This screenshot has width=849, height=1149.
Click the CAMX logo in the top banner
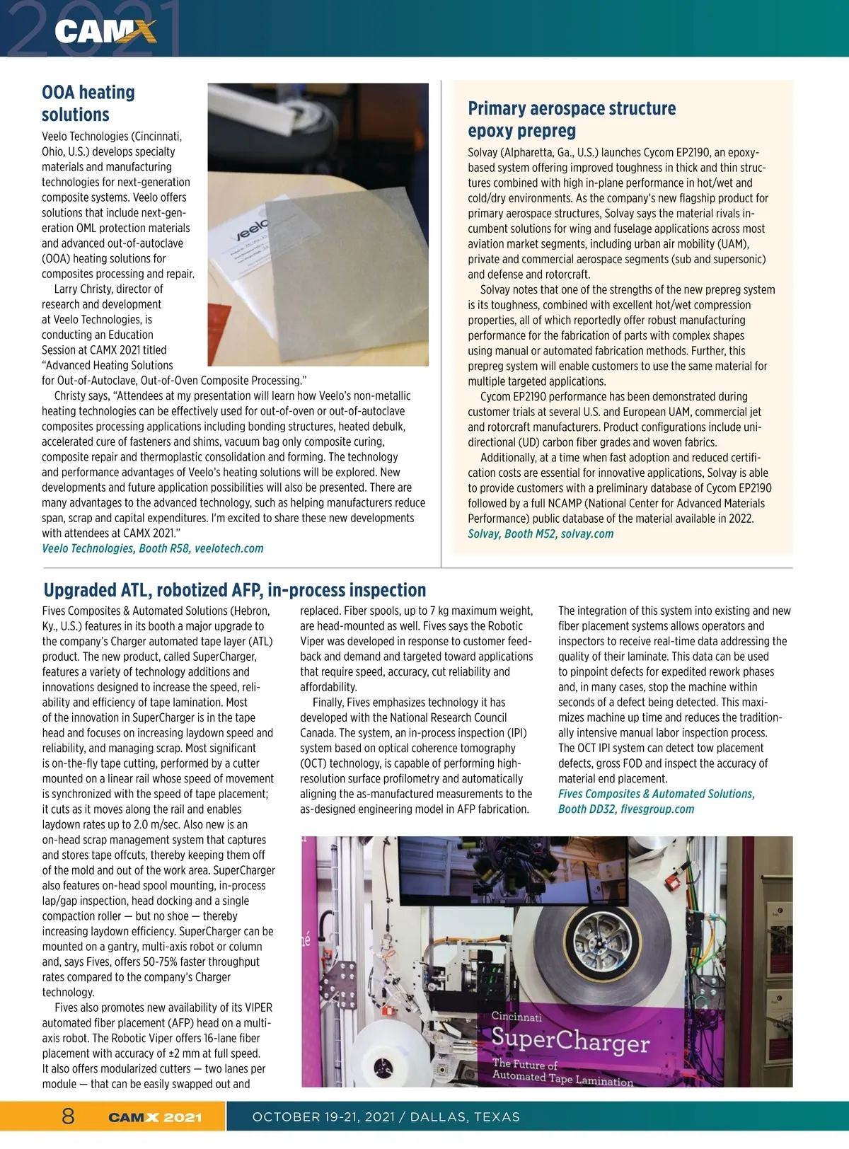click(x=105, y=32)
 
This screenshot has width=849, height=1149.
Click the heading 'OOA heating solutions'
click(x=88, y=103)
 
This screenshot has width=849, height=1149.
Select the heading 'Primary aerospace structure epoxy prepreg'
click(x=572, y=119)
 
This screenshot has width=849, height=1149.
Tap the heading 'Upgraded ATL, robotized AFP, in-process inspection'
click(x=235, y=590)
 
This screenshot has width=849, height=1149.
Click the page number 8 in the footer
click(x=68, y=1116)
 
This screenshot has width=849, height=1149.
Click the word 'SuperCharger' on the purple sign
click(x=570, y=1039)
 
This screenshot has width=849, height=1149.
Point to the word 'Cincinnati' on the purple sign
click(x=516, y=1017)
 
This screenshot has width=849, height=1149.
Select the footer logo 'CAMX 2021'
click(x=155, y=1118)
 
